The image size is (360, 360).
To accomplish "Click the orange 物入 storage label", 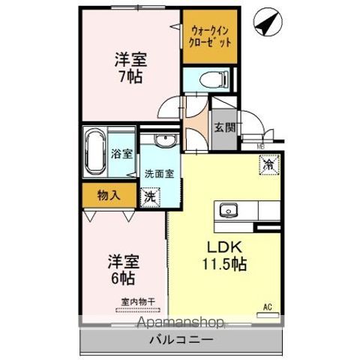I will click(x=109, y=195).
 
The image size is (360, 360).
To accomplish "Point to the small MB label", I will click(x=261, y=146).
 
